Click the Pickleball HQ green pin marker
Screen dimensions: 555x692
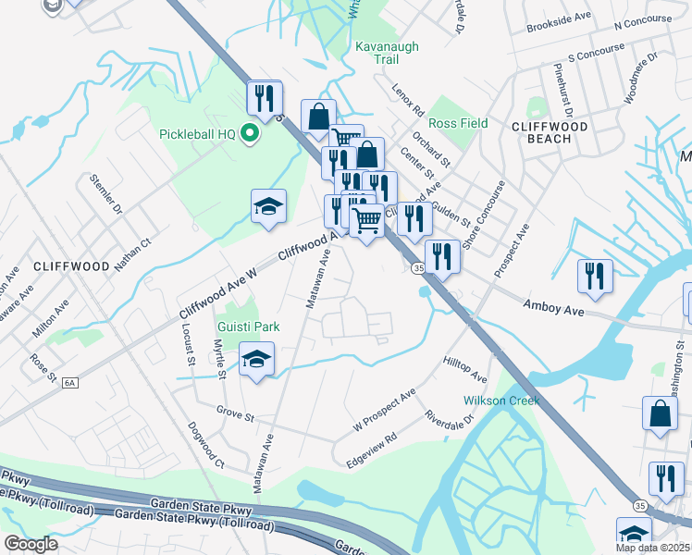pyautogui.click(x=248, y=135)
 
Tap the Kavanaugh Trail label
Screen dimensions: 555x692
pyautogui.click(x=377, y=52)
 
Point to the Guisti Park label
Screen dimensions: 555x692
pyautogui.click(x=248, y=327)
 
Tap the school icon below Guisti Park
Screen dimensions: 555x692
pyautogui.click(x=256, y=358)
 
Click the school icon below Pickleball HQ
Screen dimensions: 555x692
pyautogui.click(x=268, y=206)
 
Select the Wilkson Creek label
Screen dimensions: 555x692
pyautogui.click(x=500, y=401)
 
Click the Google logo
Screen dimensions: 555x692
pyautogui.click(x=31, y=544)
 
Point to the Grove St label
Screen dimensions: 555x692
pyautogui.click(x=235, y=413)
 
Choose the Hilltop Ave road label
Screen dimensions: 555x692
pyautogui.click(x=464, y=370)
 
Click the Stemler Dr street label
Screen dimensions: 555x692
pyautogui.click(x=106, y=193)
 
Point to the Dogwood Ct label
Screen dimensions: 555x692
pyautogui.click(x=206, y=445)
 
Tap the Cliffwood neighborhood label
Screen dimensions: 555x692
pyautogui.click(x=71, y=265)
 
